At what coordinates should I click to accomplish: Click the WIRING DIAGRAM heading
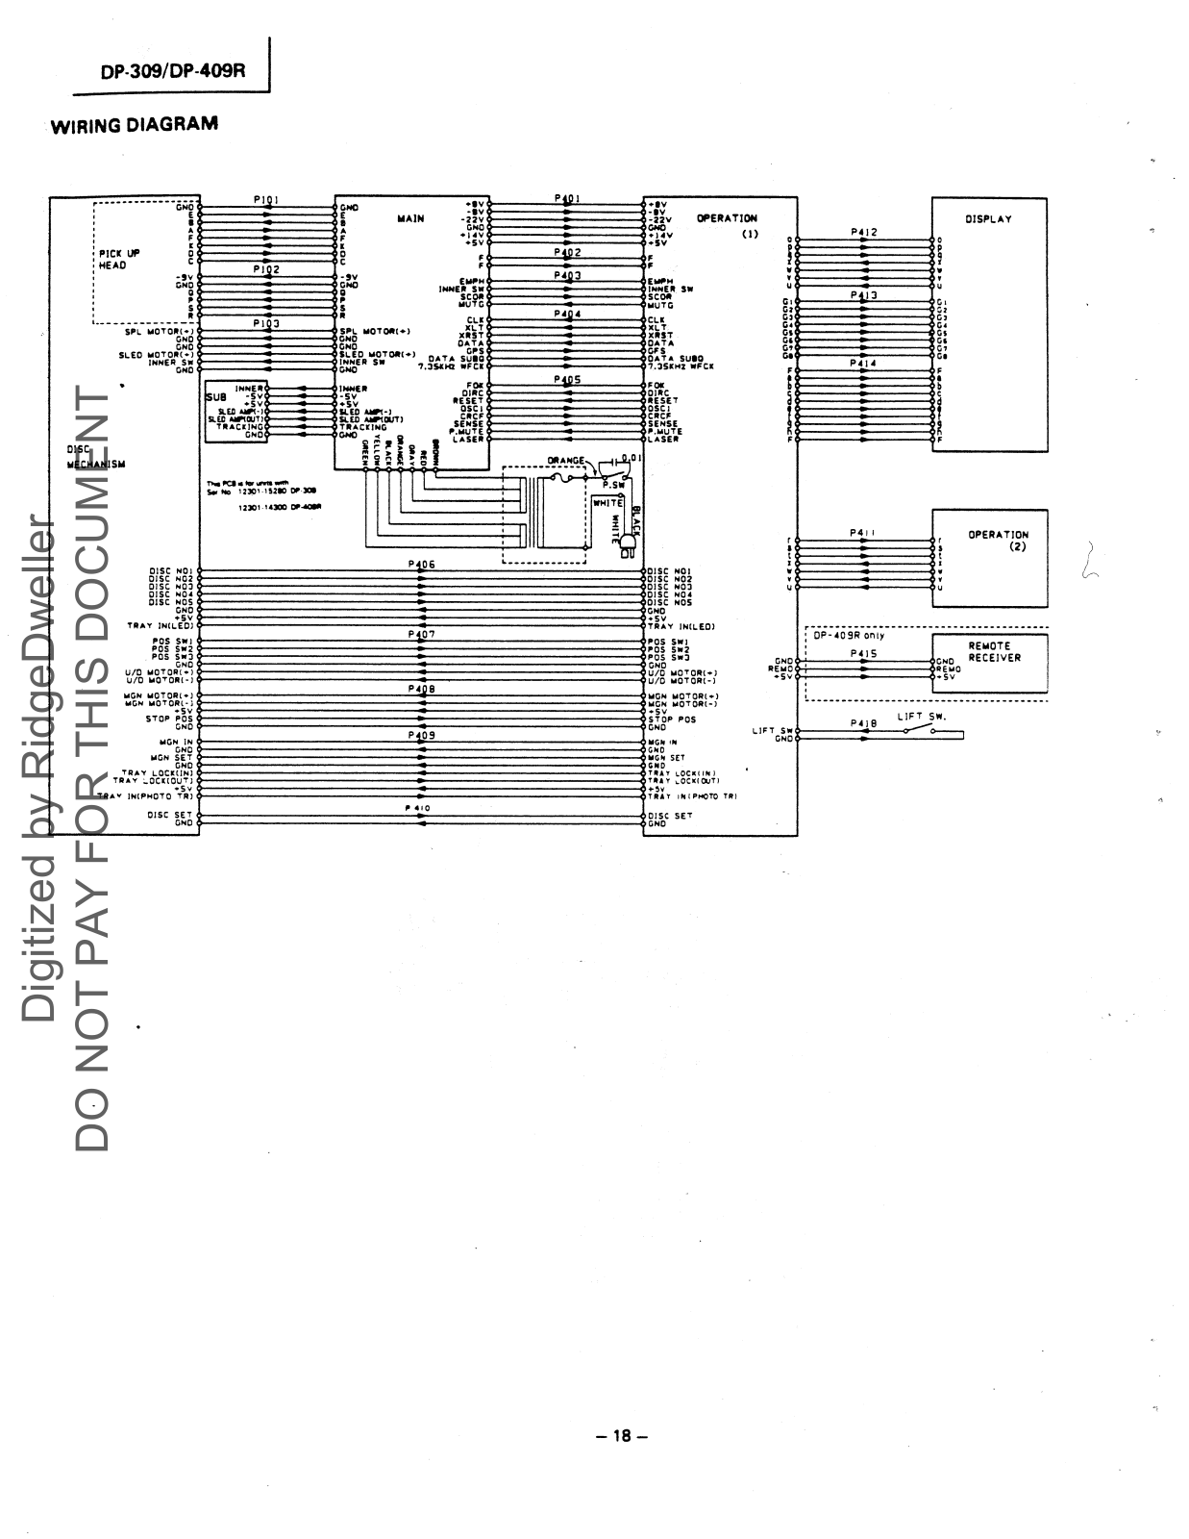coord(134,125)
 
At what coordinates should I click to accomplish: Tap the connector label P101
coord(266,200)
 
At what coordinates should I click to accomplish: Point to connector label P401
coord(567,199)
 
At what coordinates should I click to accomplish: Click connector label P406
coord(421,565)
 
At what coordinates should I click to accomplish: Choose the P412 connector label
coord(863,233)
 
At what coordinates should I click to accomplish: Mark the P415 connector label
coord(863,654)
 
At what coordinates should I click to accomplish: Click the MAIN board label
coord(410,219)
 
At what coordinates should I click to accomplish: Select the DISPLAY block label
coord(988,219)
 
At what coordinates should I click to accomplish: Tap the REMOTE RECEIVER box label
coord(994,652)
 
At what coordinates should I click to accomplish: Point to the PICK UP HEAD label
coord(119,259)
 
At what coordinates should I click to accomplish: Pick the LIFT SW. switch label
coord(922,717)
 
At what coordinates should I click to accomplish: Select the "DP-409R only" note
coord(849,635)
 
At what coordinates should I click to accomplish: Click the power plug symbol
coord(630,547)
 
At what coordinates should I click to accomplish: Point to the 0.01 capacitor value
coord(632,458)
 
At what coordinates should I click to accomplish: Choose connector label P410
coord(421,809)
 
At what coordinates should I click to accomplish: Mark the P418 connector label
coord(863,722)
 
